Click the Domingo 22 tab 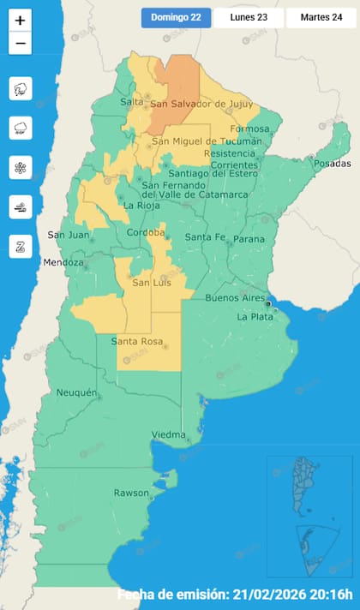pyautogui.click(x=176, y=18)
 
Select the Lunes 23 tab pyautogui.click(x=249, y=18)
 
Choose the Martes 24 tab pyautogui.click(x=321, y=18)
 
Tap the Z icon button pyautogui.click(x=21, y=246)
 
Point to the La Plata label pyautogui.click(x=255, y=316)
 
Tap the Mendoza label pyautogui.click(x=65, y=262)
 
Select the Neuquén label pyautogui.click(x=76, y=392)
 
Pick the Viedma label pyautogui.click(x=168, y=435)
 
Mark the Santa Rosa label pyautogui.click(x=137, y=342)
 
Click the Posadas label pyautogui.click(x=333, y=164)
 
